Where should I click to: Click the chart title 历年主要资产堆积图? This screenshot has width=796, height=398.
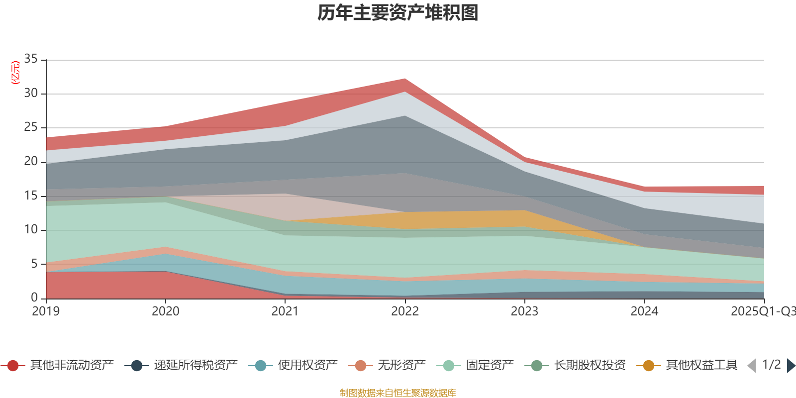tap(398, 13)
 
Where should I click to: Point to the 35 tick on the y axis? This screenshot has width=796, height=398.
tap(31, 59)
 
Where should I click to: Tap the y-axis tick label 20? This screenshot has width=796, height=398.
tap(31, 162)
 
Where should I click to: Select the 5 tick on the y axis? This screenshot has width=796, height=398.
tap(34, 264)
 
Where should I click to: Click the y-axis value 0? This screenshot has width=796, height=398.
tap(34, 298)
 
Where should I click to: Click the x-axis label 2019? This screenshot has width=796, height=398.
tap(46, 311)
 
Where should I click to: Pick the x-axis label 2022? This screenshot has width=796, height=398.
tap(404, 311)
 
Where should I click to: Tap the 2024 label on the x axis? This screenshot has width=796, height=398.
tap(644, 311)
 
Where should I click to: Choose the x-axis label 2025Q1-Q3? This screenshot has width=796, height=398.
tap(762, 311)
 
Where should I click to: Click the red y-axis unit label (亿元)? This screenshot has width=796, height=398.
tap(15, 73)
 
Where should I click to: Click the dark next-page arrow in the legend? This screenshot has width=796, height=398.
tap(791, 366)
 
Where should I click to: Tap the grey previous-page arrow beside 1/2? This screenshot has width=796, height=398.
tap(752, 366)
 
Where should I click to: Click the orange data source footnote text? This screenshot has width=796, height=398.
tap(398, 393)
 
